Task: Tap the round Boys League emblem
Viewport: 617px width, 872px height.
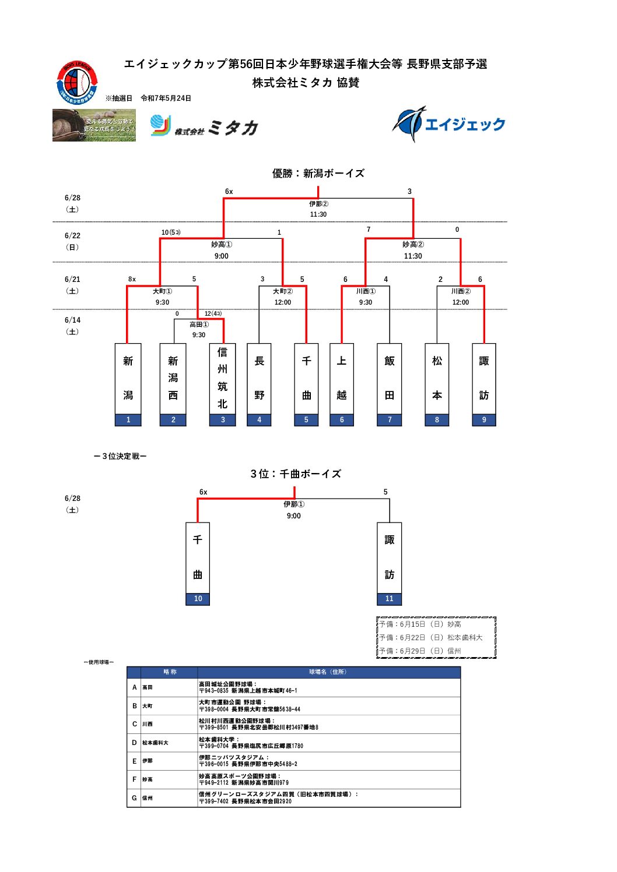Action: coord(76,82)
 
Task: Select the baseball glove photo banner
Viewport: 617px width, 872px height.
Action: coord(94,125)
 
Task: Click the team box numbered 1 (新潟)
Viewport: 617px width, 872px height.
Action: coord(128,384)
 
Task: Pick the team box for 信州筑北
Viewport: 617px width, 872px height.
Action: coord(222,384)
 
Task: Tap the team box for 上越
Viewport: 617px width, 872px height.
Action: coord(342,384)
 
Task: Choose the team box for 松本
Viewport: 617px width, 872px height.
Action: coord(437,384)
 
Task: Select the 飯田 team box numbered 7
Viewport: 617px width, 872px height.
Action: coord(390,384)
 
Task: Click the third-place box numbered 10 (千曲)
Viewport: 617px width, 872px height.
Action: coord(198,563)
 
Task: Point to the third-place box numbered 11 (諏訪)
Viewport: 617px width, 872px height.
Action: coord(389,563)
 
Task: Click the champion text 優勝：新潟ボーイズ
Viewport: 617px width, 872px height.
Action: coord(318,173)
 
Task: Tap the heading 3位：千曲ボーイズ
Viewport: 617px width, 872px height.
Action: coord(296,474)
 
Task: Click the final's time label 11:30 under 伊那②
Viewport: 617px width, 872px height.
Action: coord(318,214)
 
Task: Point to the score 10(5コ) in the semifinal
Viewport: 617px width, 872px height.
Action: coord(171,232)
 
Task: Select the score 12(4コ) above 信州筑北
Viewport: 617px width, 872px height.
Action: coord(213,313)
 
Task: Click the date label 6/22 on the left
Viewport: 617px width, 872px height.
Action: coord(72,235)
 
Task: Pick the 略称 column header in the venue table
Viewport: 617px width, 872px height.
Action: coord(170,672)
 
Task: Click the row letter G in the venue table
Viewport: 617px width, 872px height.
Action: coord(134,798)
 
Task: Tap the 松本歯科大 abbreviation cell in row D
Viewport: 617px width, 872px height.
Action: coord(155,743)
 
